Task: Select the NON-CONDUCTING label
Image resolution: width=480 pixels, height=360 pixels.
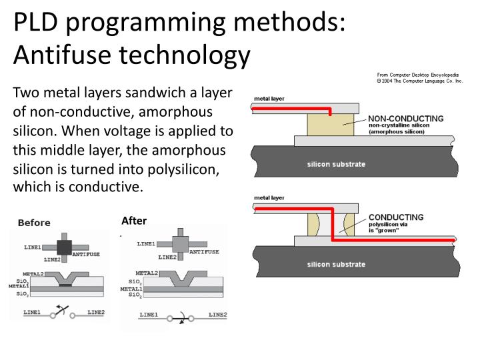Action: [405, 119]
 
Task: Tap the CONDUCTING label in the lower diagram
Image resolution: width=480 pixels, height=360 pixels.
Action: [396, 217]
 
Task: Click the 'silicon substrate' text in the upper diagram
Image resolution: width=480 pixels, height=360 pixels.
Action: [337, 163]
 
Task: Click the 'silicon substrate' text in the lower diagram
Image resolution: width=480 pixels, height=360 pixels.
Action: [337, 264]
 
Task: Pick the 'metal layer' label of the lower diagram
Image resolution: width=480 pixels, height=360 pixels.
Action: [269, 198]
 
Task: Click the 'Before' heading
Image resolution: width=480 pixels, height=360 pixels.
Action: [35, 223]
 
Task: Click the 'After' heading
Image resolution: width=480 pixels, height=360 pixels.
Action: [134, 221]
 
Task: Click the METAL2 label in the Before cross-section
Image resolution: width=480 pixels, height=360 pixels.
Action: [33, 273]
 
